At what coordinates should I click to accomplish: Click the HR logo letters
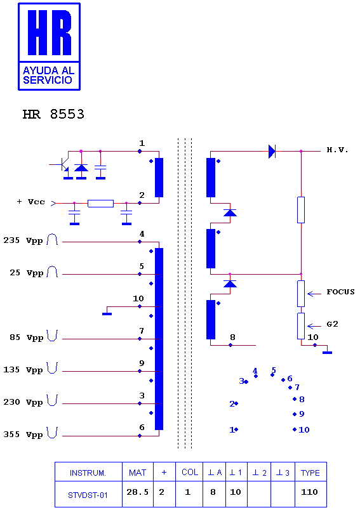coord(50,32)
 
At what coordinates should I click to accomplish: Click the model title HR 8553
coord(53,114)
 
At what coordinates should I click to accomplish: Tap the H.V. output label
coord(338,150)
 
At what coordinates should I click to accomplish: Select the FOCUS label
coord(340,292)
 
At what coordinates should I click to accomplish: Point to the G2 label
coord(332,324)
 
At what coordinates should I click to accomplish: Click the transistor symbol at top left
coord(63,165)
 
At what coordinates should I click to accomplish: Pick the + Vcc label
coord(30,202)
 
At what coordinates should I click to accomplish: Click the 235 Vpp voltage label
coord(23,240)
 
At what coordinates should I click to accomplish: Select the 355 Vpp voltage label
coord(23,435)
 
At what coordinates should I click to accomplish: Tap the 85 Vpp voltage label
coord(27,337)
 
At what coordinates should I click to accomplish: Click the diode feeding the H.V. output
coord(272,151)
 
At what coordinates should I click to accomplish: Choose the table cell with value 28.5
coord(137,492)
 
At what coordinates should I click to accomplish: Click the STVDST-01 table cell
coord(88,495)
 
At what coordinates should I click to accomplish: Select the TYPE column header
coord(310,473)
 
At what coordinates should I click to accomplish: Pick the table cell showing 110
coord(310,492)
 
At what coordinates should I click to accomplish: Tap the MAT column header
coord(137,473)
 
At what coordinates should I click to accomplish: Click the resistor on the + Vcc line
coord(100,204)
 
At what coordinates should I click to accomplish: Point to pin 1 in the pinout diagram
coord(234,429)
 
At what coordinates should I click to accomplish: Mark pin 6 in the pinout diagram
coord(287,379)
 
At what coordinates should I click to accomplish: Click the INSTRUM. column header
coord(88,473)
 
